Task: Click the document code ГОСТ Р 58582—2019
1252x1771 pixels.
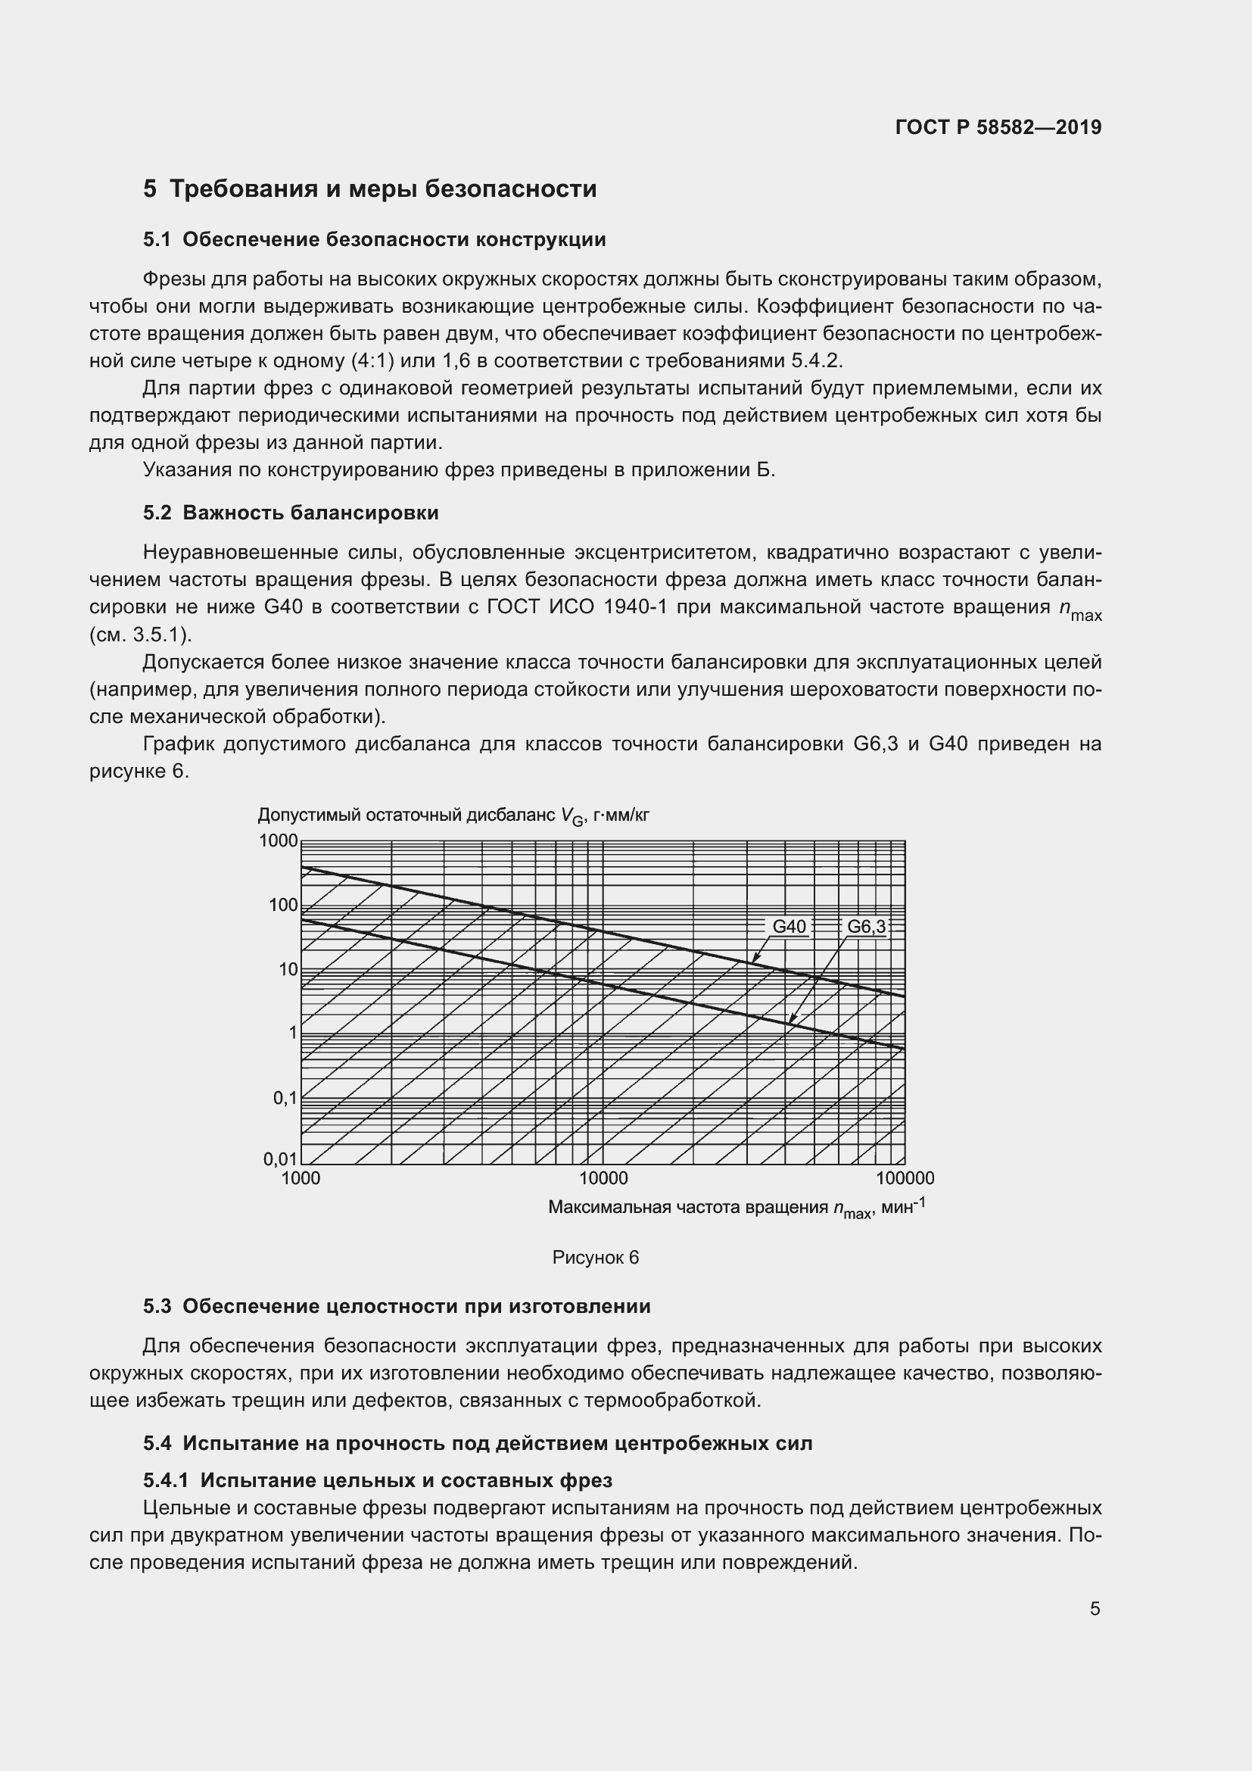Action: point(998,127)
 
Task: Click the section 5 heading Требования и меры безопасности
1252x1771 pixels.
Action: point(369,189)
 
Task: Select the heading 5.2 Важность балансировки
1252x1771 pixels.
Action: point(291,513)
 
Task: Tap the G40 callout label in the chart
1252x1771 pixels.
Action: point(789,926)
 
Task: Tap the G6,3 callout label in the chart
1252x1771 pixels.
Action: point(867,926)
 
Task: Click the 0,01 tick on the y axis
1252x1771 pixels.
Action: point(280,1158)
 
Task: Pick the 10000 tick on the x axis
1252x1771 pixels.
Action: point(603,1179)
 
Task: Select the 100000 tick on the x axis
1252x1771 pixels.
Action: point(905,1179)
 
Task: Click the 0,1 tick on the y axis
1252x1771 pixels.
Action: point(284,1097)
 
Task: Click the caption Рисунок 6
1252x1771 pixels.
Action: point(595,1258)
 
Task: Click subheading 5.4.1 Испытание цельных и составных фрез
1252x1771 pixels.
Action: point(377,1480)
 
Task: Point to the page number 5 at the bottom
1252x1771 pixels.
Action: point(1095,1609)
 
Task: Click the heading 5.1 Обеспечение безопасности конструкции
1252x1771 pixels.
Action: point(374,240)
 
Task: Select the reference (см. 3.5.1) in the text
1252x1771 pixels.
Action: point(140,635)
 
